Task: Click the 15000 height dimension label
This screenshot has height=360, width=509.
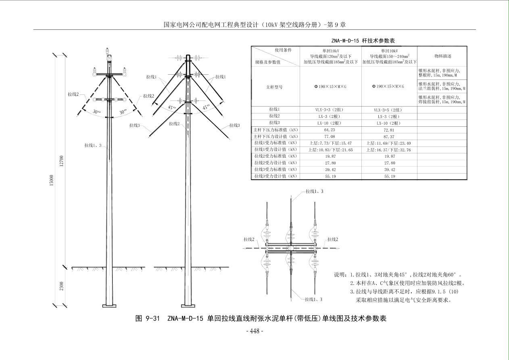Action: (52, 180)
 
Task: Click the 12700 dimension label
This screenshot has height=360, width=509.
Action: (61, 161)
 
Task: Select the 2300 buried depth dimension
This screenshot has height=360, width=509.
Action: (61, 286)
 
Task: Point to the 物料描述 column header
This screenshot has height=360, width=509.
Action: (443, 56)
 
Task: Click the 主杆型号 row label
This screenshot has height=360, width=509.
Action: (274, 87)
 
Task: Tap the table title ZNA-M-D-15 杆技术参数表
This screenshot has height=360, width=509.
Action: (363, 41)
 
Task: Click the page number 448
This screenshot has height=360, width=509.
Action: (255, 331)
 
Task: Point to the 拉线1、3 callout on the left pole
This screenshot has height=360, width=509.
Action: (93, 145)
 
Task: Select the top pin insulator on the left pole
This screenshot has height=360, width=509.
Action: (107, 51)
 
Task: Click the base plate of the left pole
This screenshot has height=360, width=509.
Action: (109, 306)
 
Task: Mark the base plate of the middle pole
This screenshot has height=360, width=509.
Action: (188, 306)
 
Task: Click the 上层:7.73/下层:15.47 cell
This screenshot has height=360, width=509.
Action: (331, 143)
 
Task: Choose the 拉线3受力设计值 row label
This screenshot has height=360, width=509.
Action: (275, 176)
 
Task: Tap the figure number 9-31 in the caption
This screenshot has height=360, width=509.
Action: (152, 318)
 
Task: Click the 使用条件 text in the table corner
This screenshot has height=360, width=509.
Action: (283, 50)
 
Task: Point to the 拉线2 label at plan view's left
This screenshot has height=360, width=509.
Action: (249, 239)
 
